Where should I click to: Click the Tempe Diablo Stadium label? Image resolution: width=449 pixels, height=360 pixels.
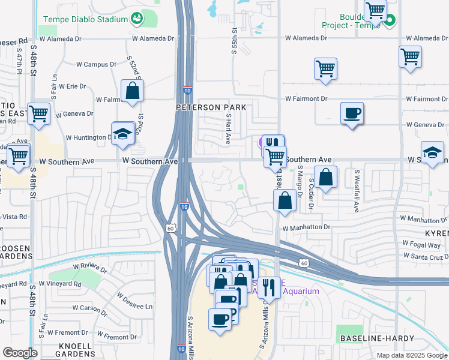point(85,19)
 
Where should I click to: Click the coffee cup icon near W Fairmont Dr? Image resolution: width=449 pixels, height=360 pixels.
point(352,113)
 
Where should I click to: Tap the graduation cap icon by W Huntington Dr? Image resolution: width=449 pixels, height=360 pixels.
point(122,135)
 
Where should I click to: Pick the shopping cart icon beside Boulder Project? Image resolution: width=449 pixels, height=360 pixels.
point(376,10)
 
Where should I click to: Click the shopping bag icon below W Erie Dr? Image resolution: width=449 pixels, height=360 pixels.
point(133,92)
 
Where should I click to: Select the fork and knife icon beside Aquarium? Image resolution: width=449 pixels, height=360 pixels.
point(269,289)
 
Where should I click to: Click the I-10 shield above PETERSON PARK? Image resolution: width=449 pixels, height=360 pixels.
point(187,91)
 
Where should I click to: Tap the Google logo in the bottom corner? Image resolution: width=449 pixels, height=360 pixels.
point(19,353)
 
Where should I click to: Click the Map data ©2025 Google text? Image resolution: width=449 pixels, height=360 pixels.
point(412,355)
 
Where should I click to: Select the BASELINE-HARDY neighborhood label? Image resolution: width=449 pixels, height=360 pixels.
point(377,338)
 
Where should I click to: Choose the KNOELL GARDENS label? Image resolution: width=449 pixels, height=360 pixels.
point(75,350)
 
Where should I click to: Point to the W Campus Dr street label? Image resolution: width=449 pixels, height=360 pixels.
point(96,64)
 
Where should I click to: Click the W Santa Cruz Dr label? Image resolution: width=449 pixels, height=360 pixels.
point(426,256)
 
